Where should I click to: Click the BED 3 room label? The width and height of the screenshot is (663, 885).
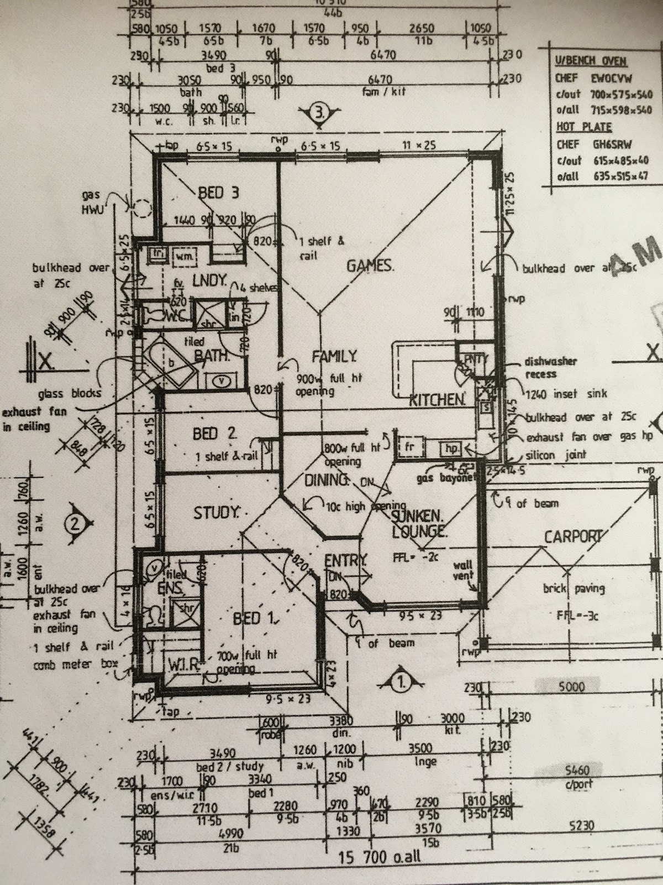point(219,193)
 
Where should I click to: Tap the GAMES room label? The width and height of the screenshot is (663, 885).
point(370,266)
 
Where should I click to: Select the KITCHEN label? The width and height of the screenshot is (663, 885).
point(436,399)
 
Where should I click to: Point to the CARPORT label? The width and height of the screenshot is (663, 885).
point(572,537)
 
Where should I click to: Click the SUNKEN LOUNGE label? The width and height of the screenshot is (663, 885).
point(418,524)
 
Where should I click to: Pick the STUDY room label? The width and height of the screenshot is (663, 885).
point(216,513)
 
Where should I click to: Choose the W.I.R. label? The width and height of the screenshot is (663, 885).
point(183,664)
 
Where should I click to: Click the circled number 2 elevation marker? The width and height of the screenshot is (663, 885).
point(75,522)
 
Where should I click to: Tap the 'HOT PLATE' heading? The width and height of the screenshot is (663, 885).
point(583,127)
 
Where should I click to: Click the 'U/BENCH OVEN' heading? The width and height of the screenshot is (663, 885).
point(591,61)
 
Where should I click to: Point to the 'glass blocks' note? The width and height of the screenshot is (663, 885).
point(70,393)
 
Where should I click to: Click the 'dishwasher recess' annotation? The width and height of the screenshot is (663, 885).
point(550,367)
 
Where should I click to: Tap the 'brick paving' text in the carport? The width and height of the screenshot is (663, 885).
point(573,589)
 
